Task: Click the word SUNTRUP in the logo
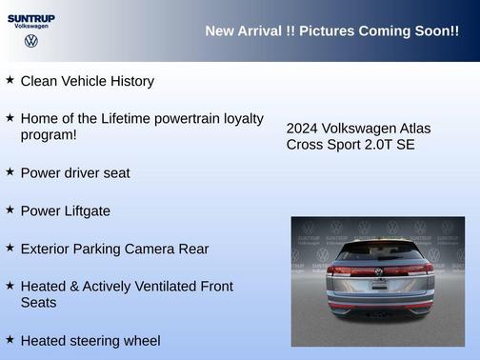click(x=31, y=17)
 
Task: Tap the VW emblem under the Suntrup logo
click(x=31, y=41)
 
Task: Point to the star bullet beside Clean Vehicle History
click(x=10, y=80)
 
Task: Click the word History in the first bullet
click(x=129, y=81)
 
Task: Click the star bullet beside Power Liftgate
click(x=10, y=210)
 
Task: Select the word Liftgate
click(x=83, y=210)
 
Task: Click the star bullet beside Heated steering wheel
click(x=10, y=339)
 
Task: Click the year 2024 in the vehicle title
click(x=302, y=128)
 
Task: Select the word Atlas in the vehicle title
click(x=412, y=128)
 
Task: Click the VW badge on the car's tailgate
click(x=378, y=272)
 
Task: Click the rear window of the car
click(x=378, y=253)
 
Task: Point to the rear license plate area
click(x=378, y=293)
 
